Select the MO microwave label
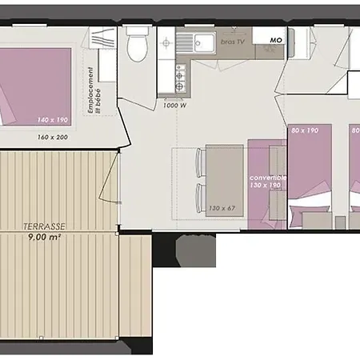click(x=275, y=40)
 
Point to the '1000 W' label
click(x=174, y=105)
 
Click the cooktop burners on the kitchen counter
click(x=179, y=77)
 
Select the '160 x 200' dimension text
click(x=52, y=137)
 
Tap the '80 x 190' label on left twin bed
click(x=304, y=130)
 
